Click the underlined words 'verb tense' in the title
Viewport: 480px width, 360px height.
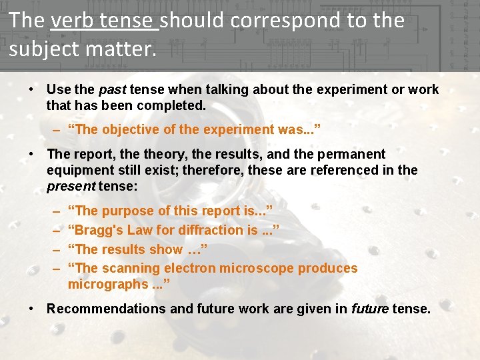[x=104, y=21]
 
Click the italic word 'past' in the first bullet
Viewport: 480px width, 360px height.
[x=112, y=89]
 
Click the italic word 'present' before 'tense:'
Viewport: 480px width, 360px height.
[x=71, y=186]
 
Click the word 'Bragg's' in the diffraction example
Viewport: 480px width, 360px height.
[x=99, y=230]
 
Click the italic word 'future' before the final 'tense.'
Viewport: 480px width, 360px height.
[x=369, y=309]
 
